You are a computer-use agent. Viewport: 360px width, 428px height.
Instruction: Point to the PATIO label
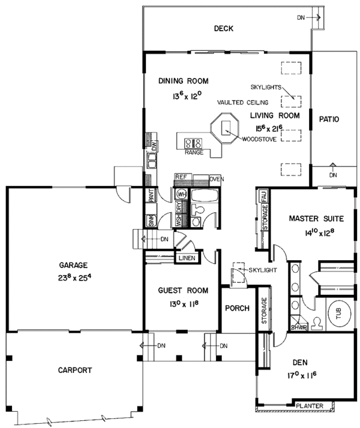[328, 119]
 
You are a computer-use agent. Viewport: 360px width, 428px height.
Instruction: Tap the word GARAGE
[74, 264]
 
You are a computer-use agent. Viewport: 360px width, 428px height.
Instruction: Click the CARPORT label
[75, 370]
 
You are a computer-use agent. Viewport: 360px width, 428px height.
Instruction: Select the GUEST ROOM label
[184, 291]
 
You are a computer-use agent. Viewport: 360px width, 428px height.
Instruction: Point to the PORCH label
[236, 309]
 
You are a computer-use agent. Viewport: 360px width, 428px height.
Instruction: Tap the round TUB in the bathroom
[335, 312]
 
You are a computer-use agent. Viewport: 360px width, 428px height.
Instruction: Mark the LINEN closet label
[185, 258]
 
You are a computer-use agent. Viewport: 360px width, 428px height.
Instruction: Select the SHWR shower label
[299, 327]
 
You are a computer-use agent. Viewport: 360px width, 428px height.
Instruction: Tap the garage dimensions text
[74, 278]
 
